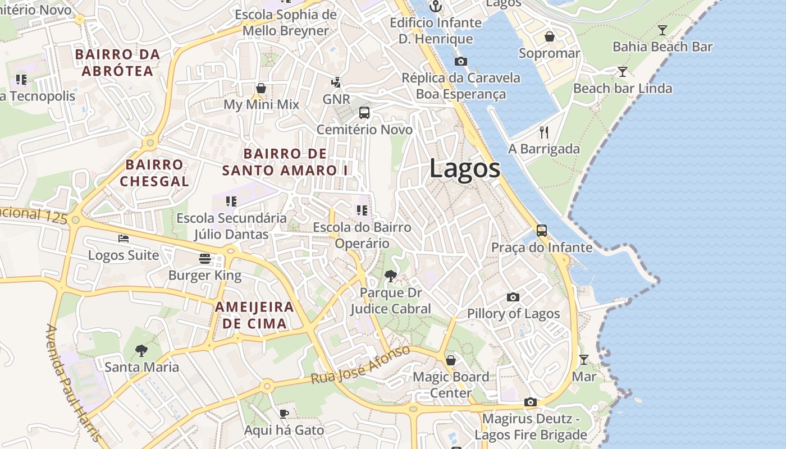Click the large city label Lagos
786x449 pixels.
click(465, 168)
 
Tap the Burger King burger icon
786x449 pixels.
click(205, 258)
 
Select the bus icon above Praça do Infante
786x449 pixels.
click(542, 230)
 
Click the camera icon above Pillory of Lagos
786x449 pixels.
click(513, 297)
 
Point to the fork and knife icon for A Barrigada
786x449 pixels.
click(543, 132)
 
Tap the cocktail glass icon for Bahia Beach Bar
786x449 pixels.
click(662, 30)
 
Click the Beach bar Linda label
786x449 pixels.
click(622, 88)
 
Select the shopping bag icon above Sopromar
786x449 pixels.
click(550, 36)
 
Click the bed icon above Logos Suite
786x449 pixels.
click(124, 238)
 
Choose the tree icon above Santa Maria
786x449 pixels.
click(141, 351)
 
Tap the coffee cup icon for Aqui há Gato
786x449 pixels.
click(284, 414)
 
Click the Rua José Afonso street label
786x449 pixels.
click(361, 365)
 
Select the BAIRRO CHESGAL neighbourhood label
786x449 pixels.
click(154, 173)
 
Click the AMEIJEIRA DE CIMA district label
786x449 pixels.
click(254, 315)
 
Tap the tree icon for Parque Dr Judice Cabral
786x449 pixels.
click(390, 276)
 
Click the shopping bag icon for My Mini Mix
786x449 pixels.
click(261, 88)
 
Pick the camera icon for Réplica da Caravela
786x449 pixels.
click(461, 61)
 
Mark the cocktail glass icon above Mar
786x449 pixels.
click(584, 359)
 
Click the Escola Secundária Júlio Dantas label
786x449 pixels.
click(231, 226)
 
